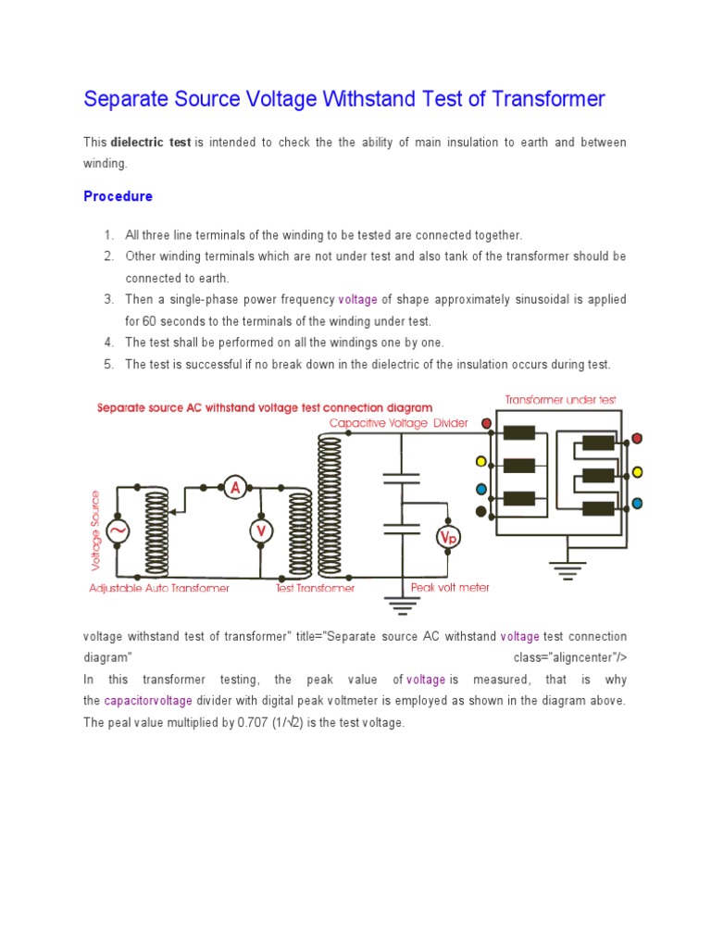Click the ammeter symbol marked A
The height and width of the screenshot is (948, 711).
point(235,486)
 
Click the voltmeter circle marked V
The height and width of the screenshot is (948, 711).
point(260,530)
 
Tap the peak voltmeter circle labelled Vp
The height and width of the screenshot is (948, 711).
point(449,536)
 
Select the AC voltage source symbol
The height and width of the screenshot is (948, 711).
point(118,531)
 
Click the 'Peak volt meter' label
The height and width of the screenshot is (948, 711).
point(450,587)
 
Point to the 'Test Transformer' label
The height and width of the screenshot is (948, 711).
point(315,588)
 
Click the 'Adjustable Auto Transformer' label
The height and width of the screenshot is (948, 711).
point(159,588)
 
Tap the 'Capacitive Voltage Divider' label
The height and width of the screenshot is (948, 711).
point(399,423)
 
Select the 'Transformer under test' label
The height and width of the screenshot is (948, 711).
point(560,399)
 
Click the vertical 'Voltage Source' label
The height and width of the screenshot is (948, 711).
point(95,530)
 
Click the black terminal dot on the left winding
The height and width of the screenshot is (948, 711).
point(480,511)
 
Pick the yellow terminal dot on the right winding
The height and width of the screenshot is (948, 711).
point(636,471)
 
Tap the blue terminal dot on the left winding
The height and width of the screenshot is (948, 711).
point(480,489)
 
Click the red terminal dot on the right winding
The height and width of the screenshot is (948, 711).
point(636,439)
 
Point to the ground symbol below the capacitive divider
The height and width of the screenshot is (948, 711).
point(401,606)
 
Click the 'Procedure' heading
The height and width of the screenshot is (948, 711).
point(118,196)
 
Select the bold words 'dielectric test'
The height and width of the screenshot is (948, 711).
point(151,143)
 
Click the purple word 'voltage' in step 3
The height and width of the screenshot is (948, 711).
point(358,299)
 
